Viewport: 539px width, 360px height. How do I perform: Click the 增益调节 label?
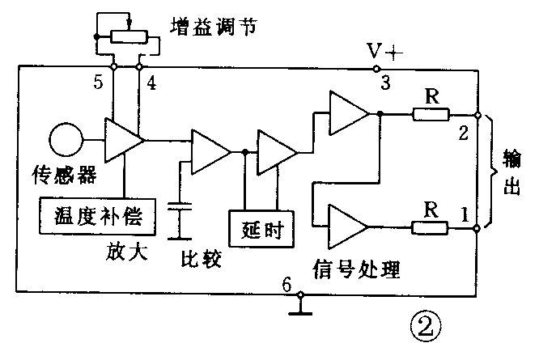pyautogui.click(x=213, y=26)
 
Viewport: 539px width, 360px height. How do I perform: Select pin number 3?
pyautogui.click(x=384, y=83)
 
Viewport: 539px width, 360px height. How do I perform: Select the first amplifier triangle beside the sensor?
pyautogui.click(x=124, y=141)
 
